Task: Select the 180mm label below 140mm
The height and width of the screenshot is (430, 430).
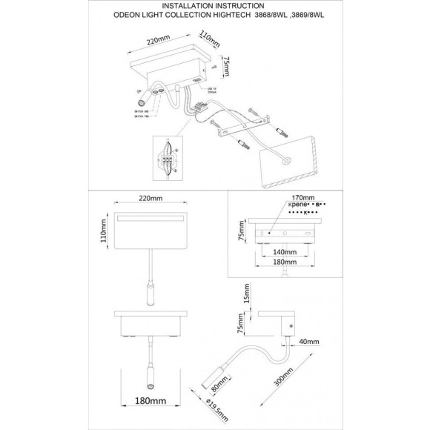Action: point(283,262)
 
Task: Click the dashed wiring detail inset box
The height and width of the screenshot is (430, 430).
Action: point(171,159)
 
